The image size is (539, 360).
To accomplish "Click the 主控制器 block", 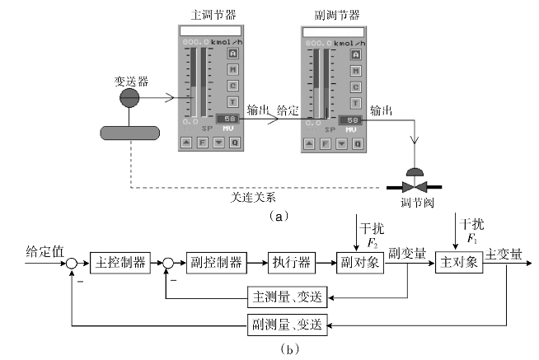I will point(118,264).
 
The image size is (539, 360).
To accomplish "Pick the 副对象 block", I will point(361,264).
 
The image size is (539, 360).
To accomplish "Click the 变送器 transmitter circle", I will point(130,98).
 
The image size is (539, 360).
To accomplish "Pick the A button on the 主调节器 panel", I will point(233,54).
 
